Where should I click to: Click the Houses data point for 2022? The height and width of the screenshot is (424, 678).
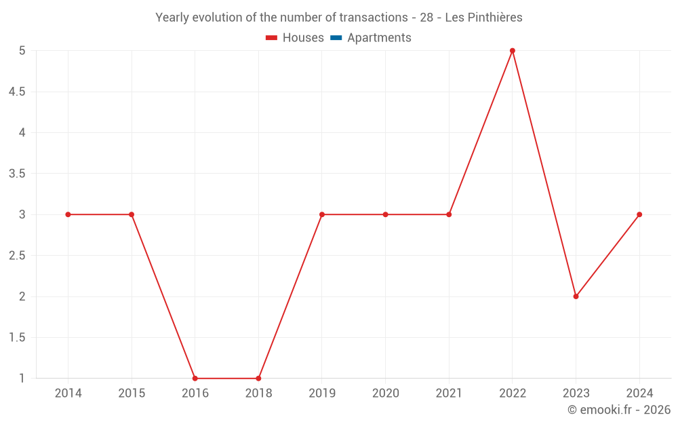(513, 51)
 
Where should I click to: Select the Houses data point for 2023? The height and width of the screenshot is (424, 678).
(576, 296)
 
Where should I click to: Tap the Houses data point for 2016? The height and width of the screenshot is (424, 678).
(195, 378)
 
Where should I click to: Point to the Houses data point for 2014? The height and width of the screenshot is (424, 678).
(68, 214)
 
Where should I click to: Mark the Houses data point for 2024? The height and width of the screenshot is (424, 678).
(639, 214)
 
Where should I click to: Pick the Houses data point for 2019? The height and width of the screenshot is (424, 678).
(322, 214)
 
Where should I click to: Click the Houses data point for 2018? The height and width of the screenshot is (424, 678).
(258, 378)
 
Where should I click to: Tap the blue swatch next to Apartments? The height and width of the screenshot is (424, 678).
(336, 38)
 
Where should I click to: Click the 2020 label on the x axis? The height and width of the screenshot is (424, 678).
(385, 393)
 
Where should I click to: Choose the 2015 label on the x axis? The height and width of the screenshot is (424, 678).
(132, 393)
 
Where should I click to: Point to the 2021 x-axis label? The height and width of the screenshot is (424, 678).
(449, 393)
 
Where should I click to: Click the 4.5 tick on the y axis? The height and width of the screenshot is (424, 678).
(17, 92)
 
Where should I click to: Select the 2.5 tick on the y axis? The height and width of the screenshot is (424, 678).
(17, 256)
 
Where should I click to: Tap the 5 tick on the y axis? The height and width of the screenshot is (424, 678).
(22, 51)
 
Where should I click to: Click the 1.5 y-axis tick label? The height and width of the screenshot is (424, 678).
(17, 338)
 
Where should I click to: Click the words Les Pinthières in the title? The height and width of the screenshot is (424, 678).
(483, 18)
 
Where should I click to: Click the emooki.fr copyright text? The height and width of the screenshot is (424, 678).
(619, 410)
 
